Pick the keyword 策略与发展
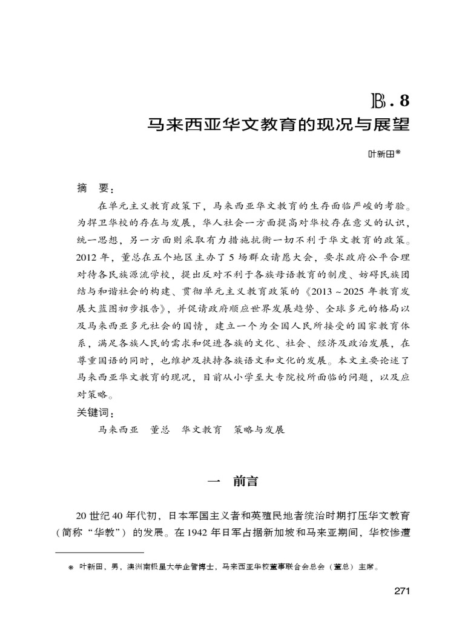259,429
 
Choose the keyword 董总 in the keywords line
160,429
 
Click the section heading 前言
245,482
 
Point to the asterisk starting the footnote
70,569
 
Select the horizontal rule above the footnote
99,553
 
